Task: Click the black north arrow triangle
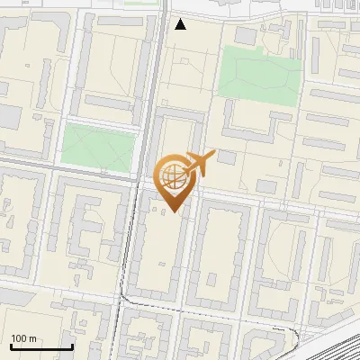tap(181, 24)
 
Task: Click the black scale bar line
tap(41, 346)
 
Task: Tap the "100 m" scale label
tap(24, 338)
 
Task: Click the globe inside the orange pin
tap(173, 176)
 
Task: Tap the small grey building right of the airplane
tap(226, 157)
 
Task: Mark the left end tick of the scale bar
tap(11, 345)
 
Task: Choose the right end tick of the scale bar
tap(72, 345)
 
